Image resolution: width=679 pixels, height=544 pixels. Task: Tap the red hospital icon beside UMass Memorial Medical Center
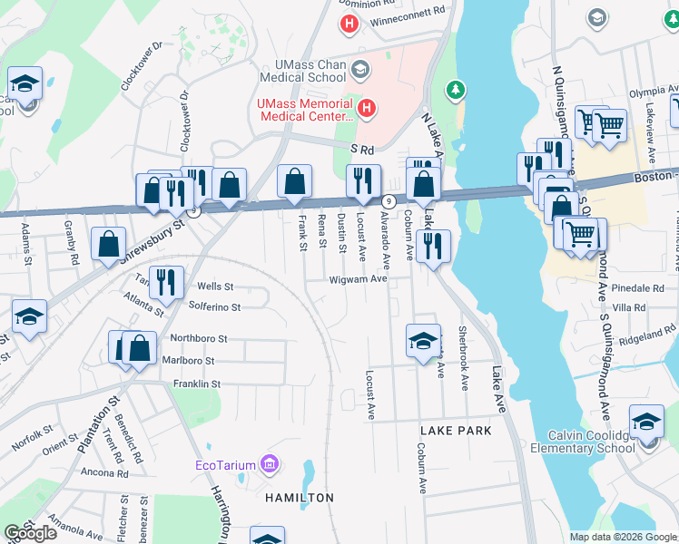pos(366,110)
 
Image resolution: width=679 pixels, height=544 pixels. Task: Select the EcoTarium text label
pos(225,466)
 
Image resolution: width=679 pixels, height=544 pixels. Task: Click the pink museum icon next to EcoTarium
pos(268,466)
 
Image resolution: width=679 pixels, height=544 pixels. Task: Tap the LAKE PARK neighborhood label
pos(456,431)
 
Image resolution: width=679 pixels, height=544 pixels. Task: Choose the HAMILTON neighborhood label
pos(300,498)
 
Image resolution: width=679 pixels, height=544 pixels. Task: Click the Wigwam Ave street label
pos(359,279)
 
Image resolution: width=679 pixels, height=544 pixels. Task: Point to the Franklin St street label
pos(197,384)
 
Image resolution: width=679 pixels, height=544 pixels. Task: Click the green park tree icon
pos(455,90)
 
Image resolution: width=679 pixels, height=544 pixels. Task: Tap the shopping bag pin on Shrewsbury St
pos(108,243)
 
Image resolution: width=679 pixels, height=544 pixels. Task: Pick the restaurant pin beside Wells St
pos(166,282)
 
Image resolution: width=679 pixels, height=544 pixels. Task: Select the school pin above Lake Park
pos(423,342)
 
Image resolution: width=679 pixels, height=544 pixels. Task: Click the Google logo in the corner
pos(31,533)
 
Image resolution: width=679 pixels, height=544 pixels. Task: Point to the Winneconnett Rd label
pos(414,11)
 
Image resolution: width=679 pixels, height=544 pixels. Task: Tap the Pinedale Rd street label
pos(639,287)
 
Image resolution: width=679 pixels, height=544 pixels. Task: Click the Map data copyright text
pos(622,537)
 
